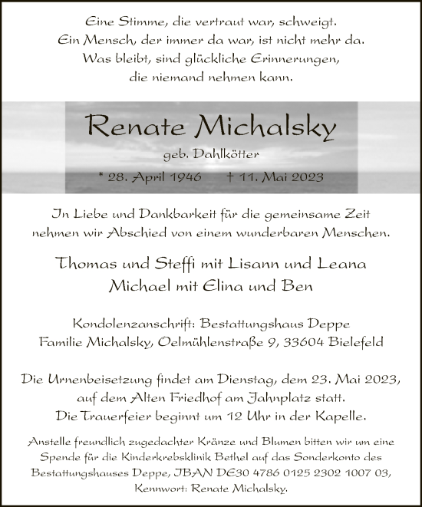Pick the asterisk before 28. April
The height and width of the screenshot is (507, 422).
pos(102,176)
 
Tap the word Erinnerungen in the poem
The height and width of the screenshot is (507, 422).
pos(300,59)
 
